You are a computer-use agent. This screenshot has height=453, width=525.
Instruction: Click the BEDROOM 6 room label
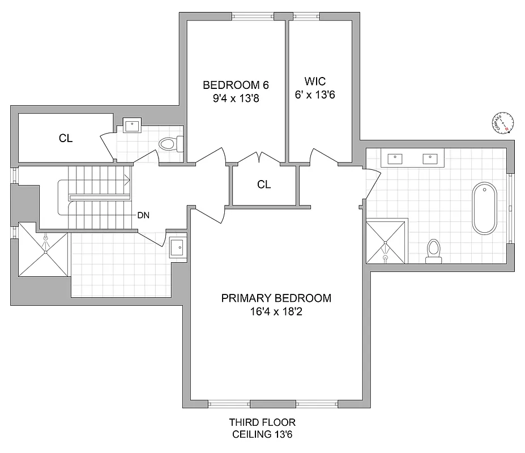pyautogui.click(x=235, y=86)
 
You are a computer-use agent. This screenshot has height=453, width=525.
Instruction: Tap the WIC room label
pyautogui.click(x=315, y=83)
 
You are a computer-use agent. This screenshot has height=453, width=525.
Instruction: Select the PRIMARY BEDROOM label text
pyautogui.click(x=276, y=298)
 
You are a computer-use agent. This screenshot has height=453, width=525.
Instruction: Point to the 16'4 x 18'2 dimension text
pyautogui.click(x=276, y=311)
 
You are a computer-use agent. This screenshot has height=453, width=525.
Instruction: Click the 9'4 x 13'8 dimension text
pyautogui.click(x=235, y=98)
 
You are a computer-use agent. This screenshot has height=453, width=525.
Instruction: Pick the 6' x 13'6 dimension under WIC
pyautogui.click(x=315, y=95)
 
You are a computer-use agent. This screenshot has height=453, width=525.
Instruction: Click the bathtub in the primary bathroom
pyautogui.click(x=484, y=208)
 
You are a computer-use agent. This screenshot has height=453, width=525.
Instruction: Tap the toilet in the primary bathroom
pyautogui.click(x=434, y=251)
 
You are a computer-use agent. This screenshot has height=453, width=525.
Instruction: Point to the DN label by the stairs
pyautogui.click(x=143, y=216)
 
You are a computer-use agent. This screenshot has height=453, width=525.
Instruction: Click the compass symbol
pyautogui.click(x=503, y=122)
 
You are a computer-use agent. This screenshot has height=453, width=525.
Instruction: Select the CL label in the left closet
pyautogui.click(x=66, y=138)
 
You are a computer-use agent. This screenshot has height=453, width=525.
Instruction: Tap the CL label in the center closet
pyautogui.click(x=264, y=185)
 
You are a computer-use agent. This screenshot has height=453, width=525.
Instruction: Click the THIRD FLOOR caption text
pyautogui.click(x=262, y=422)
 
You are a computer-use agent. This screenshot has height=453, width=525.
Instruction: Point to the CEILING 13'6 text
pyautogui.click(x=262, y=435)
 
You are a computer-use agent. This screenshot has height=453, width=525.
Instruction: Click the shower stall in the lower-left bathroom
pyautogui.click(x=44, y=250)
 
